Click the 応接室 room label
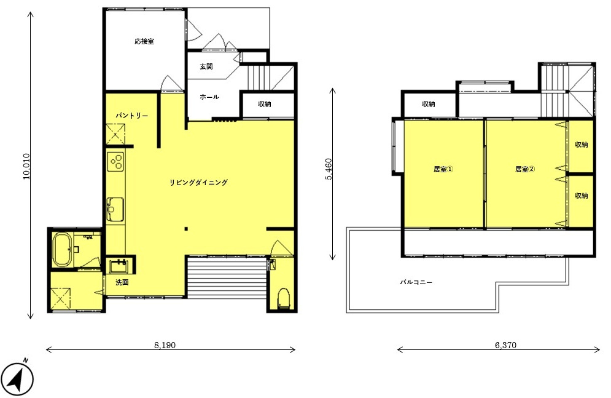144,41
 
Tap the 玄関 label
206,66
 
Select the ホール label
209,97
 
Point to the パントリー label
131,116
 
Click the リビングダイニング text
198,182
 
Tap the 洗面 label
122,282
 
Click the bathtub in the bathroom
62,250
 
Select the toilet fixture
283,299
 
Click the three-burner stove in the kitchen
115,162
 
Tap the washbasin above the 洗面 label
119,266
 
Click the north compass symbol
18,378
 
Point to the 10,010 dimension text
26,166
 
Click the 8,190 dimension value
165,345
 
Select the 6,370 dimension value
505,345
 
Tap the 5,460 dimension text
329,169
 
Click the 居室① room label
443,169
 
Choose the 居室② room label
525,169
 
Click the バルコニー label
416,282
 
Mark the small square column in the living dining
186,229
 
